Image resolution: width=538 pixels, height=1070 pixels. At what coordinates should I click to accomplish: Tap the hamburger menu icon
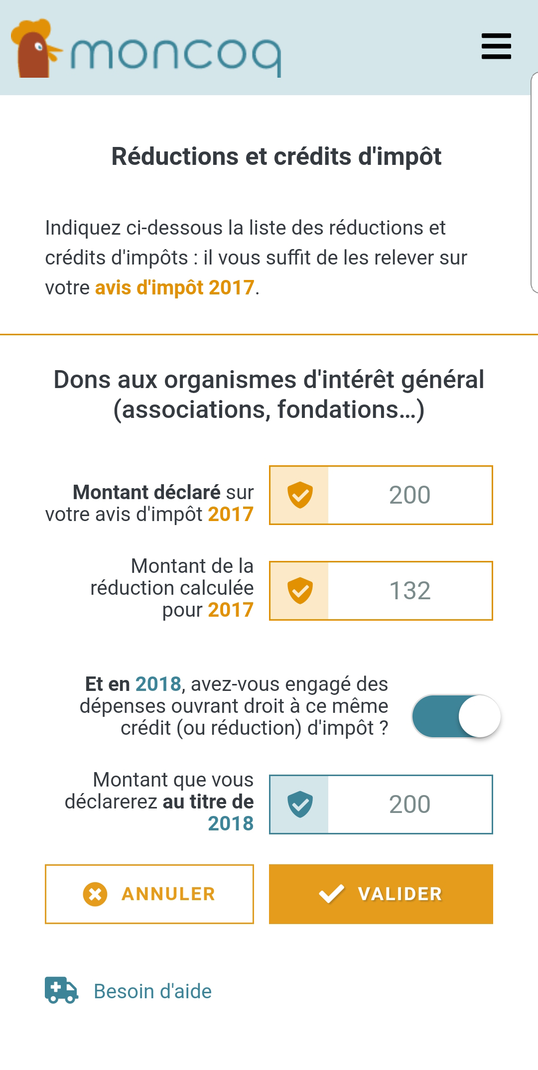click(496, 46)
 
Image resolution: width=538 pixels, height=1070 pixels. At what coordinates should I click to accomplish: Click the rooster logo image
click(35, 49)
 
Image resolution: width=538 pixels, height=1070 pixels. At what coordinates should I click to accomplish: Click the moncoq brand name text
click(175, 55)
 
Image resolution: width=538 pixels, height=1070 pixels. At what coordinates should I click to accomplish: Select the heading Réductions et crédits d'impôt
click(276, 156)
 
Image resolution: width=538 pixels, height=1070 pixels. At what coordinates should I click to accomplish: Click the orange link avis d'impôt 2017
click(174, 288)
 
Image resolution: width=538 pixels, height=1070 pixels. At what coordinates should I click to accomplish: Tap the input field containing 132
click(409, 591)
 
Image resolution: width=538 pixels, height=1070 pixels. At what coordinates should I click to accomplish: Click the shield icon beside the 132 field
click(300, 591)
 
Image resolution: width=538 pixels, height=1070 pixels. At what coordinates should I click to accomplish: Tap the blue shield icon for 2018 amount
click(300, 804)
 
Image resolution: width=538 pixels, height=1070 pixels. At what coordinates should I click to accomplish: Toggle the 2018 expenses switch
click(456, 716)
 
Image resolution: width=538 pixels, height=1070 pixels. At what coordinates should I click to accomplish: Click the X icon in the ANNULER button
click(95, 894)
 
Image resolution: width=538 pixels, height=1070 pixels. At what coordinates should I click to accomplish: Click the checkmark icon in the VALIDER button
click(331, 894)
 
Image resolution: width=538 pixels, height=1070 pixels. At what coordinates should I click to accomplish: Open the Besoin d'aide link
click(152, 991)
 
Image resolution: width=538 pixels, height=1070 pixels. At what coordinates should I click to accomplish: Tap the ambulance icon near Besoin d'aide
click(61, 990)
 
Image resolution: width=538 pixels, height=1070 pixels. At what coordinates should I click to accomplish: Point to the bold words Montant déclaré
click(146, 492)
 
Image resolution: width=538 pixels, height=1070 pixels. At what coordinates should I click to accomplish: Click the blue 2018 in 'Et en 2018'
click(158, 684)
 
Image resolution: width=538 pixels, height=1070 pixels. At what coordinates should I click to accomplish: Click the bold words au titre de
click(208, 802)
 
